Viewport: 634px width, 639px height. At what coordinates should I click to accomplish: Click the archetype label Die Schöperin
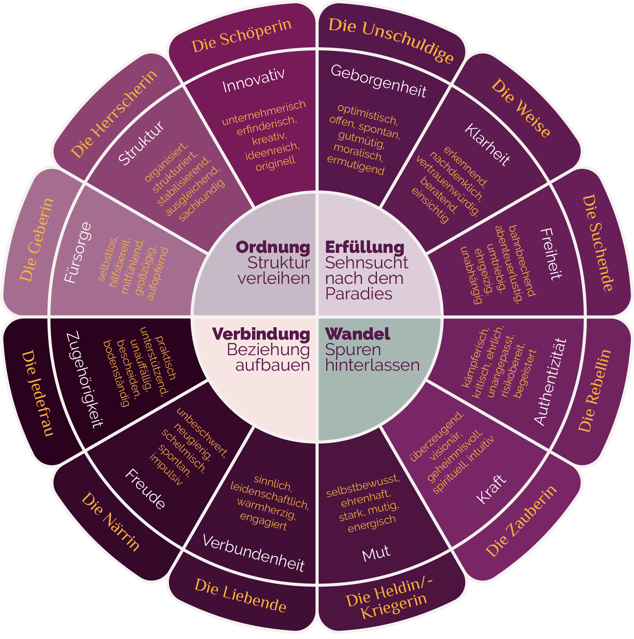coord(241,35)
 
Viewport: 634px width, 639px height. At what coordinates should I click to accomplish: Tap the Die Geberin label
coord(37,239)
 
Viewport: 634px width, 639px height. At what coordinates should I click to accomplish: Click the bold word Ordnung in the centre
coord(273,247)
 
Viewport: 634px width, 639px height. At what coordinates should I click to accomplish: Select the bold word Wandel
coord(358,334)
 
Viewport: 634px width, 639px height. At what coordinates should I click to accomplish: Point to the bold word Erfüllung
coord(365,247)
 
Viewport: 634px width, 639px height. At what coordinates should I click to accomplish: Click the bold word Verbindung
coord(261,334)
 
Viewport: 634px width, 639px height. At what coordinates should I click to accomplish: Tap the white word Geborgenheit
coord(378,81)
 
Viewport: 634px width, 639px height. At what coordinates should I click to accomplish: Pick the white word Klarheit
coord(487,145)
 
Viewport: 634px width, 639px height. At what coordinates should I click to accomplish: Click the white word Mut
coord(376,553)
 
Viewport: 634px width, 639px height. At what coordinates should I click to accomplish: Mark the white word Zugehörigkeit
coord(85,379)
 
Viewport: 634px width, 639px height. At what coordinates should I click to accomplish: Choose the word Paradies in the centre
coord(359,294)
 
